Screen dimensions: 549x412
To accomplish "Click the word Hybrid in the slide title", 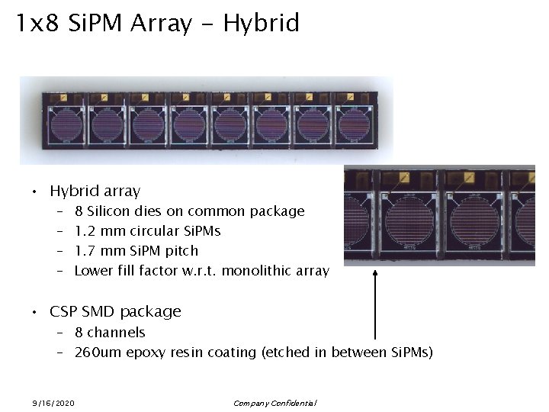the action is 261,24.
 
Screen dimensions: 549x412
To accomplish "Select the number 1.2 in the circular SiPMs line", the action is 84,231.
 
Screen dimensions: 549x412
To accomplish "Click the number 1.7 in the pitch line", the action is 84,251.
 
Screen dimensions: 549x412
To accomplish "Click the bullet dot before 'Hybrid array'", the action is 34,192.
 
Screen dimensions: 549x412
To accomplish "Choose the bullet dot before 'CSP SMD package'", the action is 34,313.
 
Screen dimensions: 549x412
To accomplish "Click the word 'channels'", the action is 116,333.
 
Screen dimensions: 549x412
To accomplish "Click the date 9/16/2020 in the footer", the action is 53,403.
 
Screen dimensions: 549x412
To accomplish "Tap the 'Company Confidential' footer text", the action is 274,403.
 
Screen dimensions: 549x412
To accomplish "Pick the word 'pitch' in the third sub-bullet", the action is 181,251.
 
